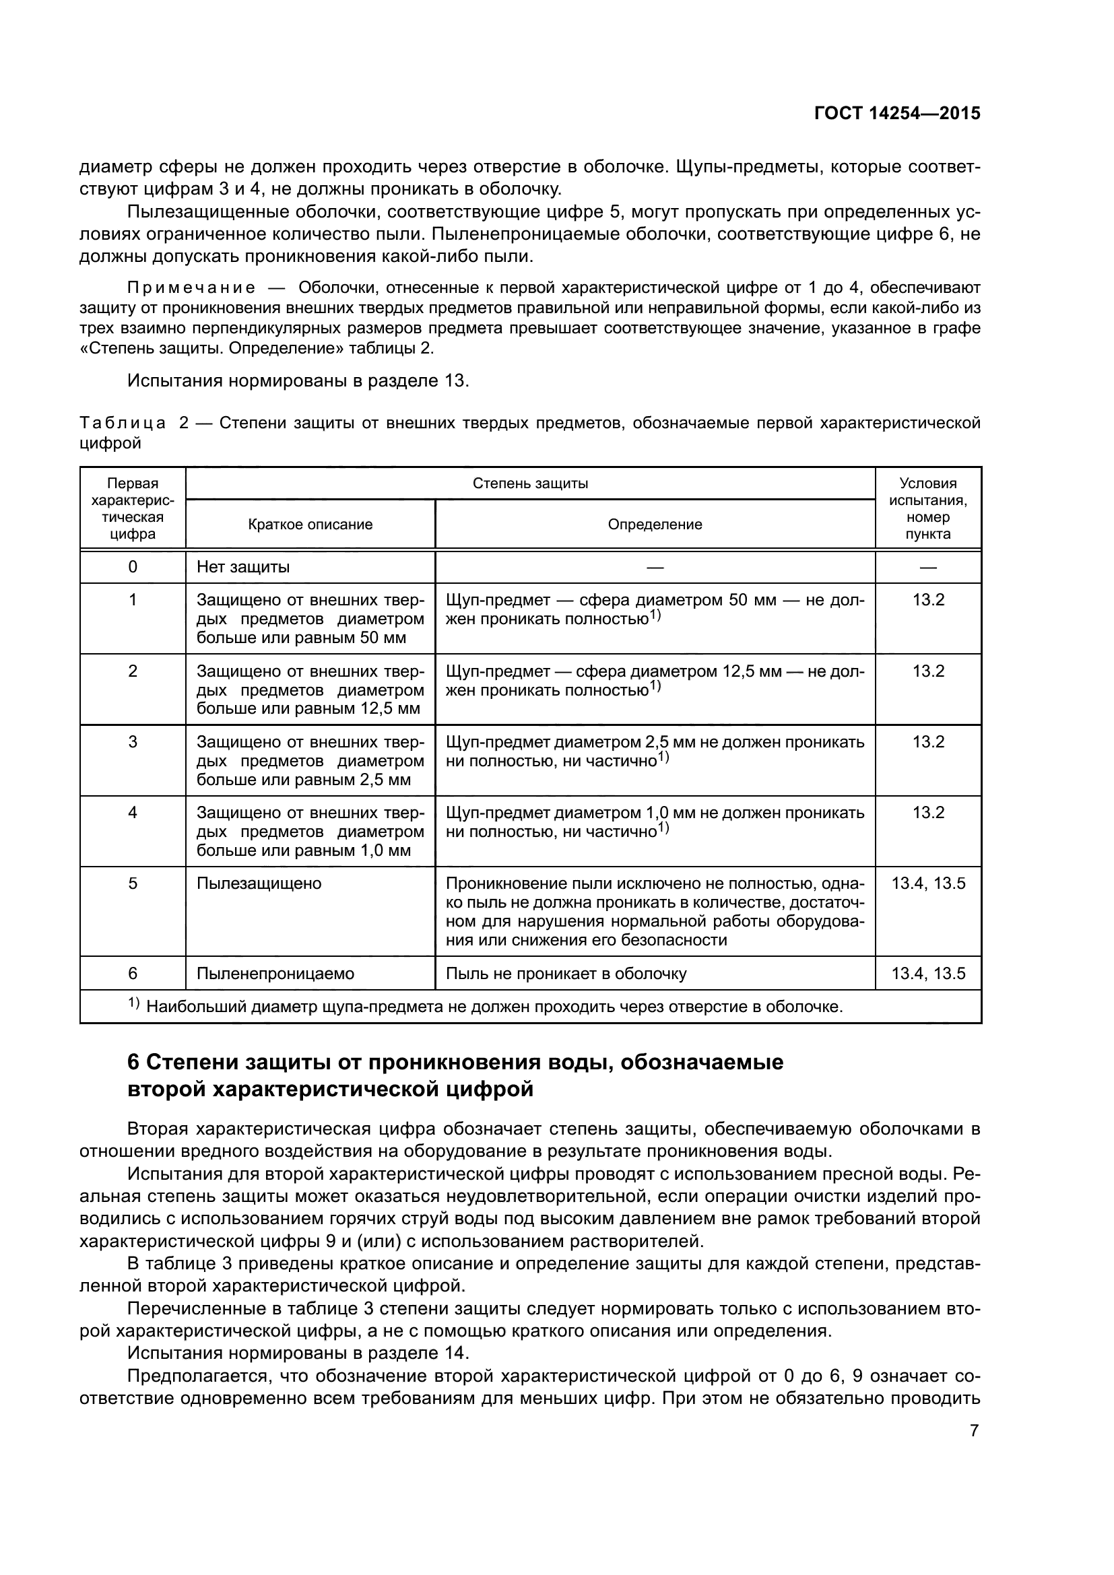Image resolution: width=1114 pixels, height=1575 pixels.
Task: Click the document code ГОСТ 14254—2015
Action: [897, 113]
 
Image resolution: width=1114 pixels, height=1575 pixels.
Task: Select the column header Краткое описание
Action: [310, 525]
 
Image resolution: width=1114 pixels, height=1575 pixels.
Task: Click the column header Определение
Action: [655, 525]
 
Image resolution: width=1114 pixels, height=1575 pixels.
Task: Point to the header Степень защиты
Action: [530, 483]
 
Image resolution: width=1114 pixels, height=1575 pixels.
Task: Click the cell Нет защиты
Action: [243, 567]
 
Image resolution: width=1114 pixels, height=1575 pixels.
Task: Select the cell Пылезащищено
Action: [259, 883]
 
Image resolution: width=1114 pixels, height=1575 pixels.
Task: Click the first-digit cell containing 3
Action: [133, 742]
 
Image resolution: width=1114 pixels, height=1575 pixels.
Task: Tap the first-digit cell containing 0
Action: [133, 567]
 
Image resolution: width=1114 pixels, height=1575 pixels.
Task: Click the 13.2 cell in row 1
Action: [928, 600]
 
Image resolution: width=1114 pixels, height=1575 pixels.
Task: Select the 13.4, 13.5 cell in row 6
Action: [928, 974]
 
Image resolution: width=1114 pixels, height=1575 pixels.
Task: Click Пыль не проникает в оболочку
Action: [566, 974]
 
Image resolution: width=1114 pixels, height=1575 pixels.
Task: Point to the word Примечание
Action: [191, 288]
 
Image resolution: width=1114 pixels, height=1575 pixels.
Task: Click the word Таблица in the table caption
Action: [123, 424]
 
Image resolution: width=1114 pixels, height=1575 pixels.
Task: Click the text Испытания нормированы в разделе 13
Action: [298, 380]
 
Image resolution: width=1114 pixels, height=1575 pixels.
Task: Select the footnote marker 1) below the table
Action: [134, 1005]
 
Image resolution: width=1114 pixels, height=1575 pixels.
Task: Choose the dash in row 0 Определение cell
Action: [655, 567]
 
